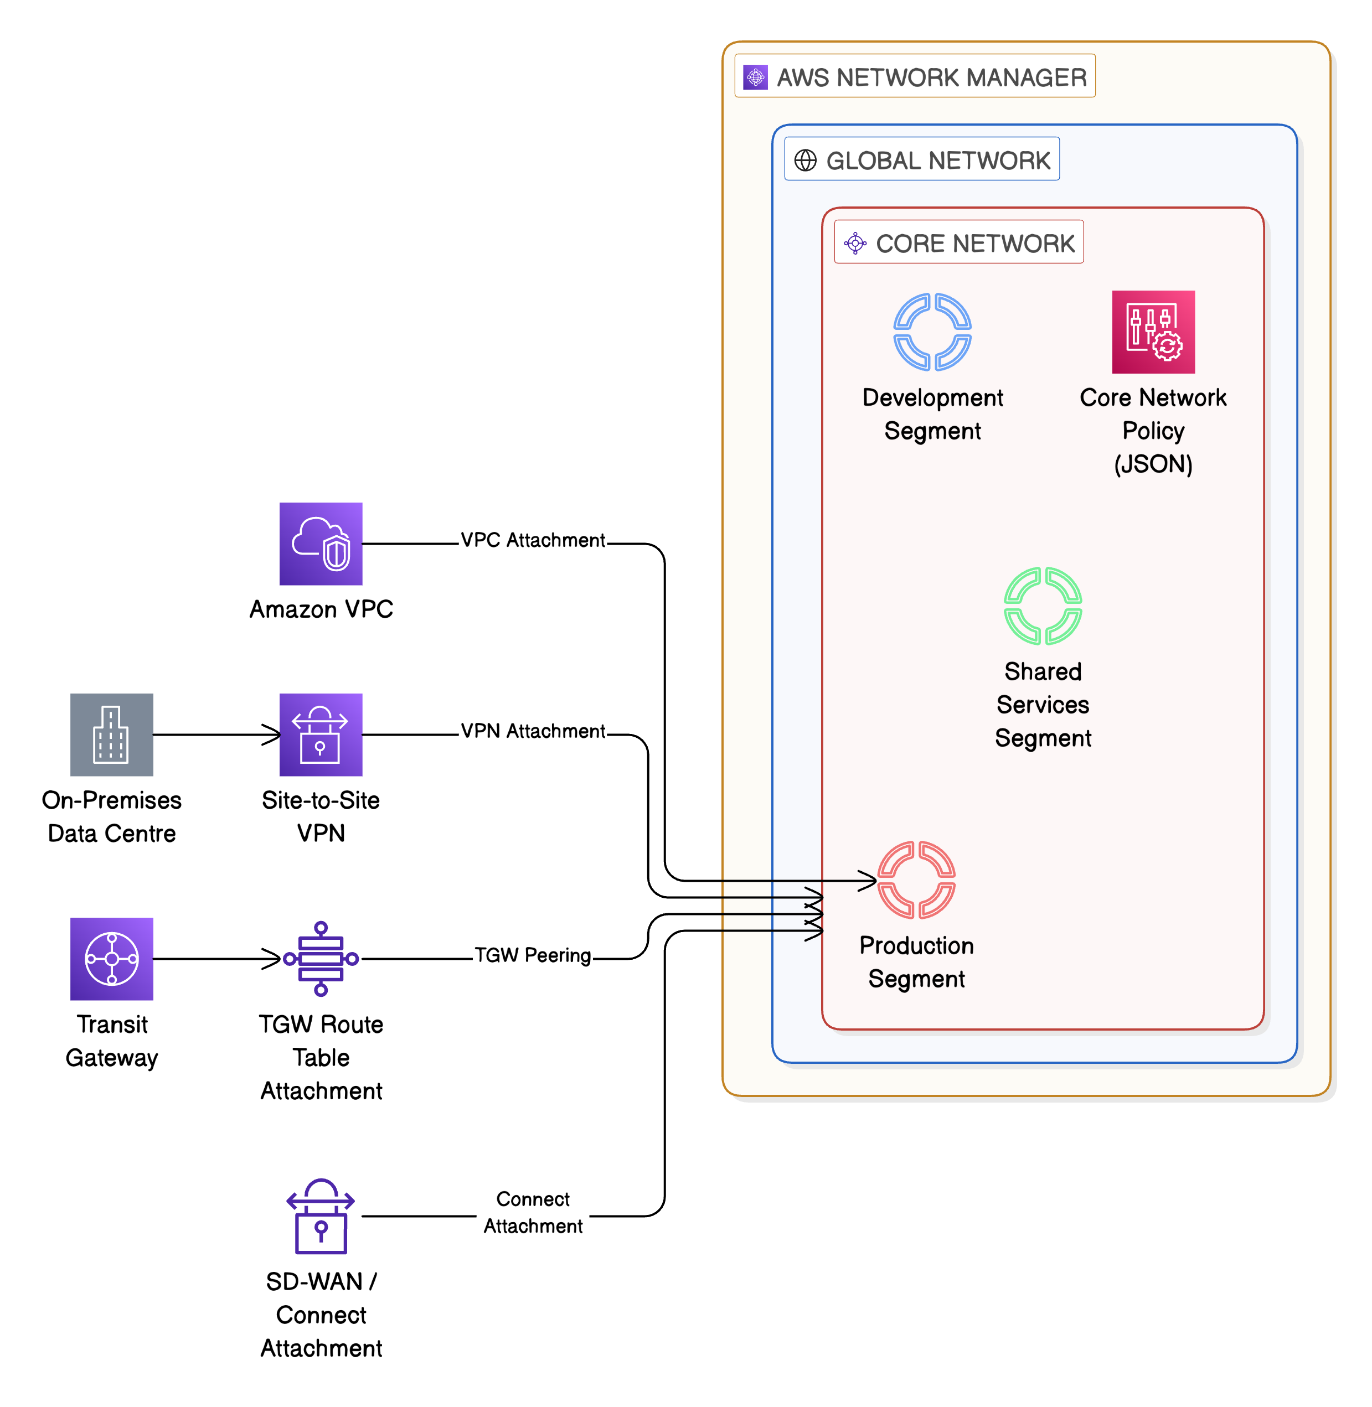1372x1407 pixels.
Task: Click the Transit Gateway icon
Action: (112, 958)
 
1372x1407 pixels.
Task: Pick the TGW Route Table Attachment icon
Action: (321, 958)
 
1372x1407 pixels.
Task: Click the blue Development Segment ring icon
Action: (932, 332)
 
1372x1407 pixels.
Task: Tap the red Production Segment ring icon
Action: (916, 879)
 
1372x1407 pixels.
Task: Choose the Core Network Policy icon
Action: (1153, 332)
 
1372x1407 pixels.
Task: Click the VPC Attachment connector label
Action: (533, 540)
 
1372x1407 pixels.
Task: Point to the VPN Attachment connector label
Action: (533, 731)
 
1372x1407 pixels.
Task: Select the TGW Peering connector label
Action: (533, 955)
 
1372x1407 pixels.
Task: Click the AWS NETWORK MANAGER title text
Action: (931, 77)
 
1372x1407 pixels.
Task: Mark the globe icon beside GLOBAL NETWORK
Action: (805, 160)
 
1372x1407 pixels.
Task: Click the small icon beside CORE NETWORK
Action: (855, 243)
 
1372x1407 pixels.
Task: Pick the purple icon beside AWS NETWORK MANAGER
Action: (755, 76)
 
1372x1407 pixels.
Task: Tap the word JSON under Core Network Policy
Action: (1153, 464)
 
